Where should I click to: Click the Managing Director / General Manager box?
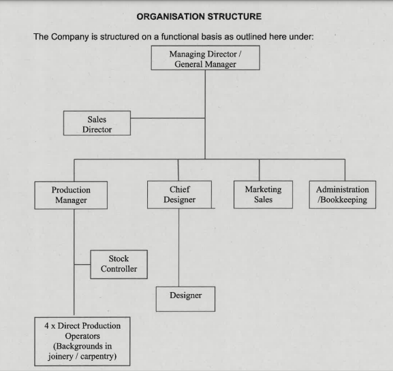click(x=205, y=58)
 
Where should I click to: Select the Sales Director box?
click(x=97, y=123)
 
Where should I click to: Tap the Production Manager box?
click(x=71, y=195)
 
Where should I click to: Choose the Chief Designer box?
click(x=179, y=195)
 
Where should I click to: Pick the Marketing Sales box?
click(x=263, y=195)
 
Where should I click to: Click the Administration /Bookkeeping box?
click(x=343, y=195)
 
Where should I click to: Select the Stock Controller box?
click(x=119, y=264)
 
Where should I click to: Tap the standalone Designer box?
click(x=185, y=299)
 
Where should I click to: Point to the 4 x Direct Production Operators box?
click(x=82, y=342)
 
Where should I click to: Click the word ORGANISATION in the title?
click(x=170, y=16)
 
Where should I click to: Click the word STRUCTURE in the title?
click(x=234, y=16)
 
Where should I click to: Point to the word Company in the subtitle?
click(x=70, y=37)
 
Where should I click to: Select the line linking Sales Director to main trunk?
click(x=168, y=118)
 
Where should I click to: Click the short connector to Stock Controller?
click(x=82, y=264)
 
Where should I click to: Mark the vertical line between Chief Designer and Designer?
click(x=178, y=248)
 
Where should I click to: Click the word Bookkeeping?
click(x=344, y=200)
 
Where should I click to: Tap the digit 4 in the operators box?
click(x=46, y=325)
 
